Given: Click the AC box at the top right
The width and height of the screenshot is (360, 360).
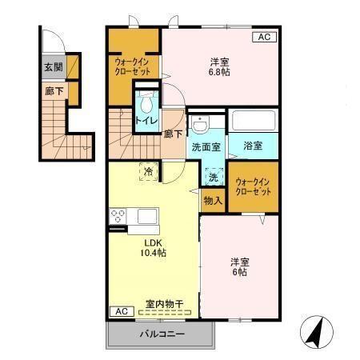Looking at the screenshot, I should pyautogui.click(x=264, y=38).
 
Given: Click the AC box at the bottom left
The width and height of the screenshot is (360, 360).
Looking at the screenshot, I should pyautogui.click(x=118, y=311).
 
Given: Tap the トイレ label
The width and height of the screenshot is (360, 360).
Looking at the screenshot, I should pyautogui.click(x=146, y=121).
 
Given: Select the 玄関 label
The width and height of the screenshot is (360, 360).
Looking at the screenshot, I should pyautogui.click(x=54, y=67).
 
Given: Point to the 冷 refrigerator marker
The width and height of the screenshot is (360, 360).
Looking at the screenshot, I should pyautogui.click(x=148, y=170).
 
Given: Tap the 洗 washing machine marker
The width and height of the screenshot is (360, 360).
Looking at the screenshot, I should pyautogui.click(x=213, y=177).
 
